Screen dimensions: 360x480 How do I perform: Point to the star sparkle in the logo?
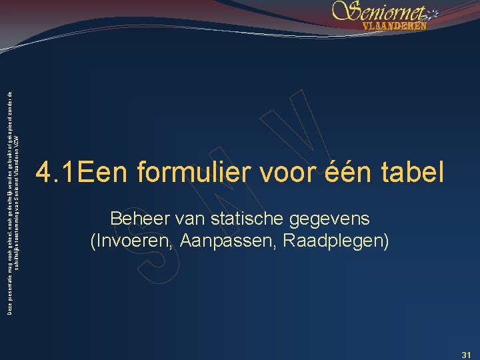coord(431,13)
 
